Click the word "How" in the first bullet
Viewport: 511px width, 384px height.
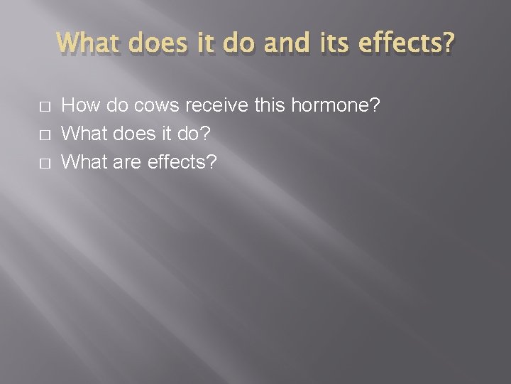click(79, 106)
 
